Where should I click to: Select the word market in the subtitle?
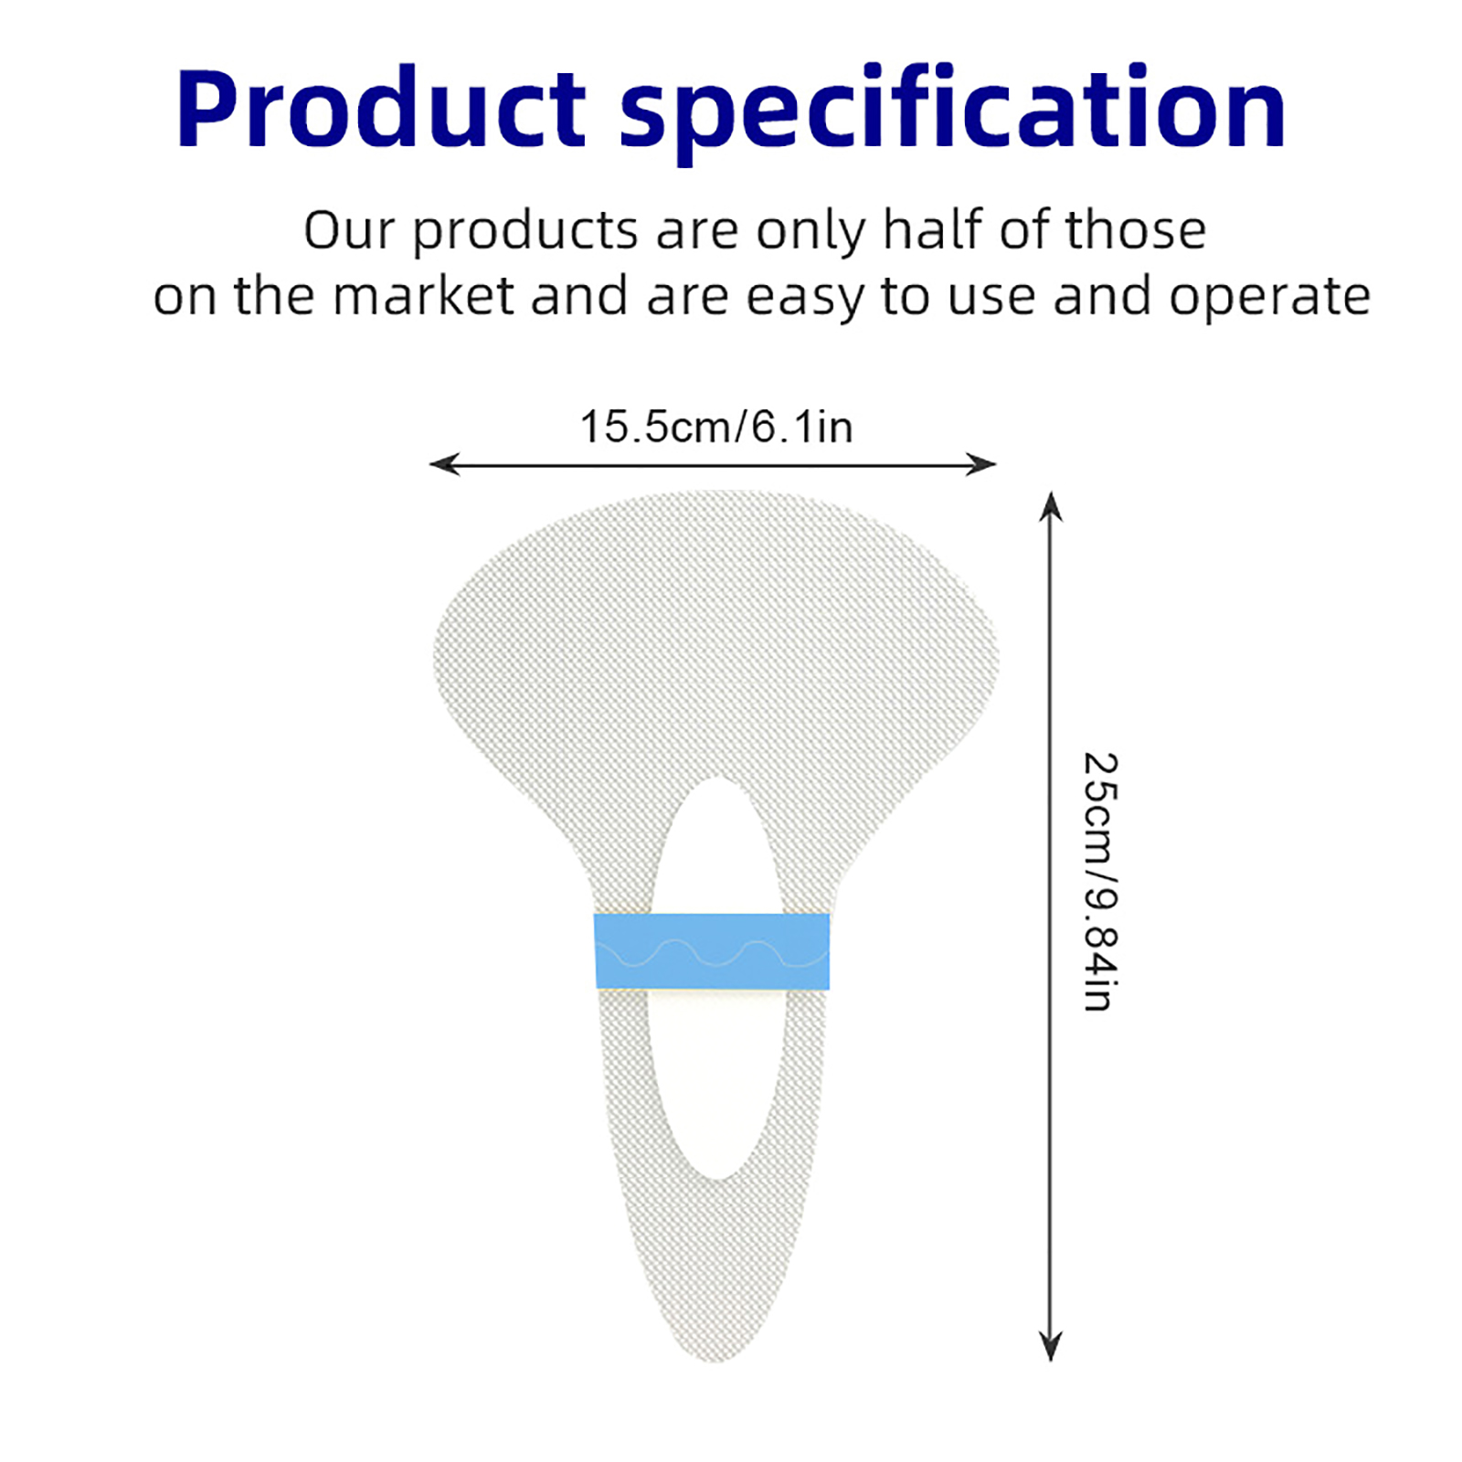coord(423,296)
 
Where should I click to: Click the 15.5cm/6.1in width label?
coord(716,427)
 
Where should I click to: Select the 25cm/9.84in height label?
coord(1100,882)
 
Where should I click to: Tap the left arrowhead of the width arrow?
coord(442,464)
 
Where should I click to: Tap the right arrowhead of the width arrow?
coord(983,464)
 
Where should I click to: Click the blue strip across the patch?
coord(712,951)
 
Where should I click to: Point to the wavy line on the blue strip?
coord(712,953)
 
